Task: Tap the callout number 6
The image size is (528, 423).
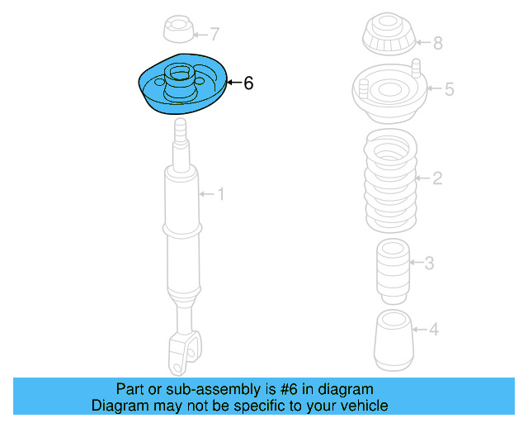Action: pyautogui.click(x=248, y=83)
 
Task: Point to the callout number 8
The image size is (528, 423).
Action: pyautogui.click(x=438, y=43)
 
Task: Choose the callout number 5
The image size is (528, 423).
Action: pyautogui.click(x=449, y=89)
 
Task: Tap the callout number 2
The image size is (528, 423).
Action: pyautogui.click(x=438, y=178)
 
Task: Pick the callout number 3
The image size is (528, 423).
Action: pyautogui.click(x=429, y=264)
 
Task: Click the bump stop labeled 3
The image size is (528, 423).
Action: pyautogui.click(x=393, y=269)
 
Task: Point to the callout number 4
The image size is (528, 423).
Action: pyautogui.click(x=433, y=330)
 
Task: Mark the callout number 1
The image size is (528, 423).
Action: pyautogui.click(x=220, y=194)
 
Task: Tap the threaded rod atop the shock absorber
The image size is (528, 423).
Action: pyautogui.click(x=181, y=132)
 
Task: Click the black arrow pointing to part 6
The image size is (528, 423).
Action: pyautogui.click(x=233, y=83)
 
